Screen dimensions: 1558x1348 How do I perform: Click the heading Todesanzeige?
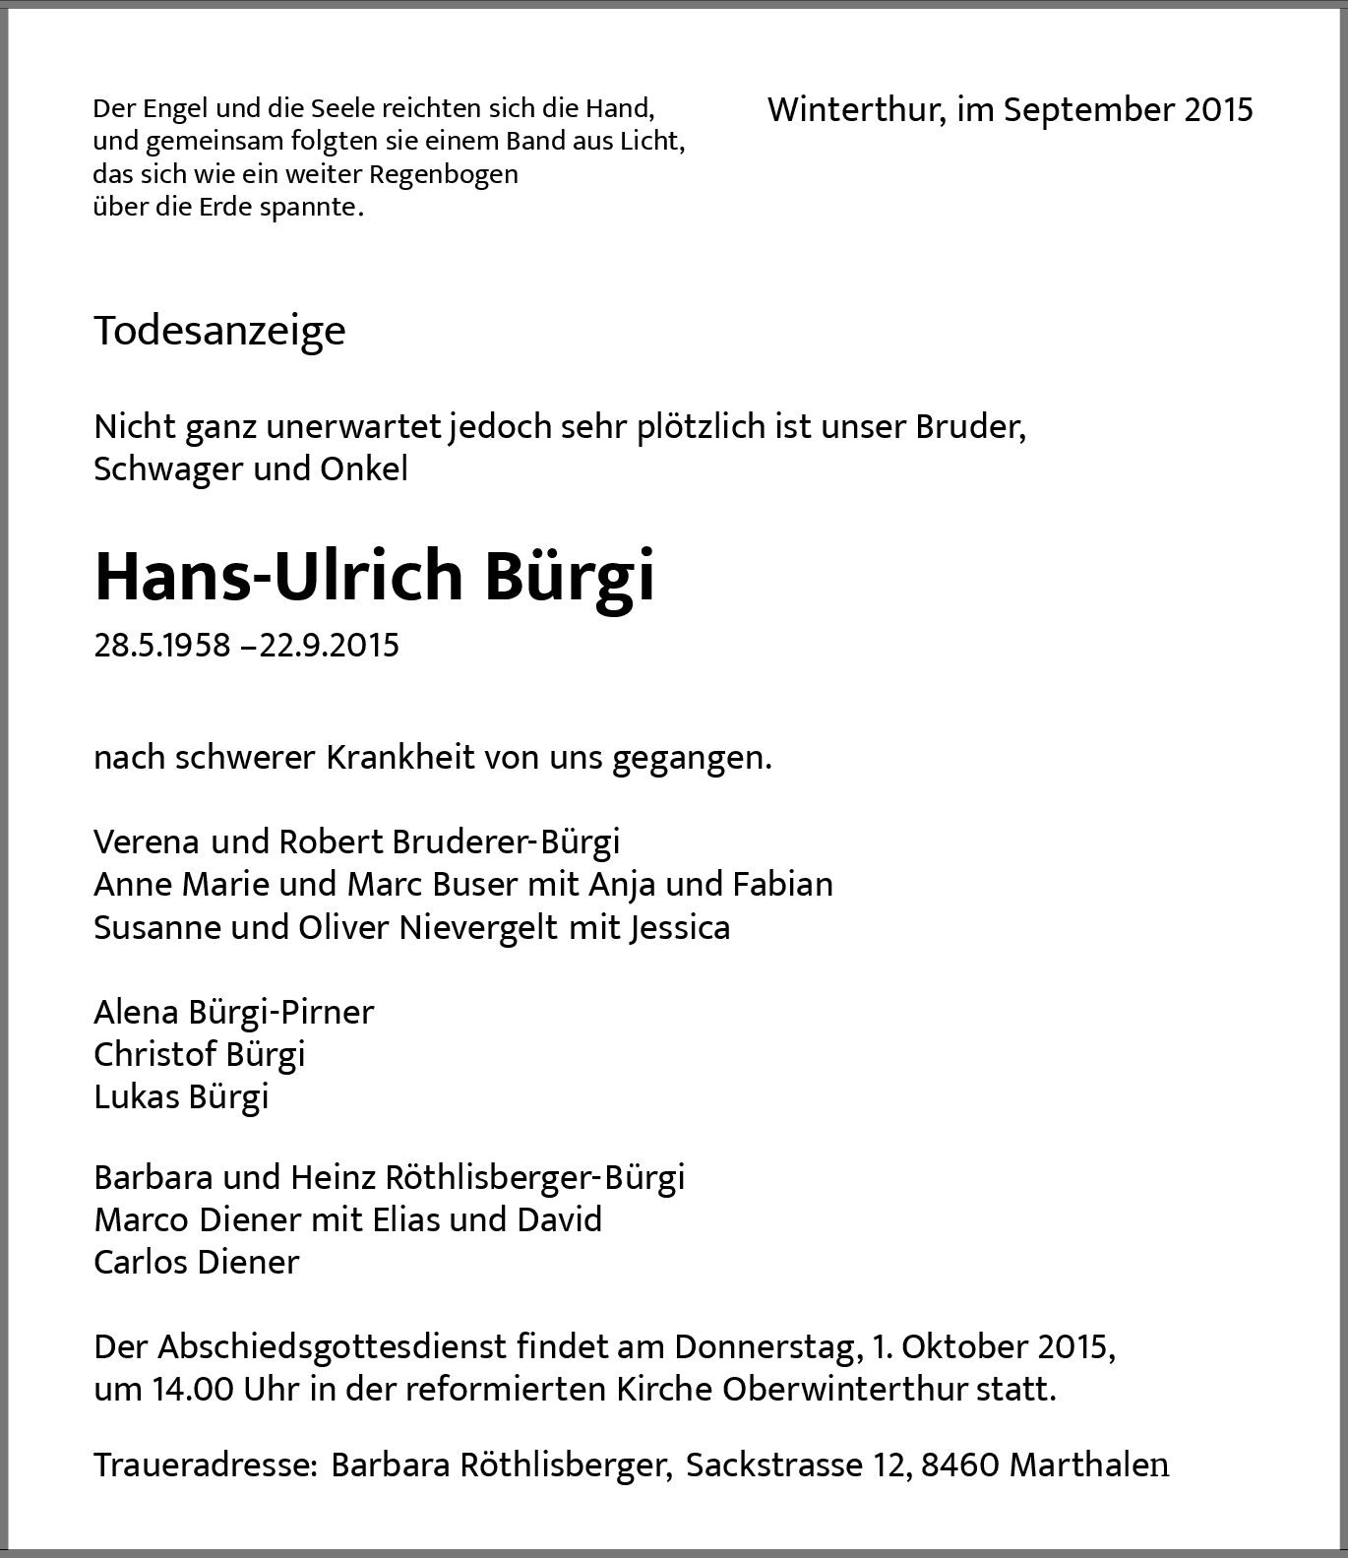(x=219, y=331)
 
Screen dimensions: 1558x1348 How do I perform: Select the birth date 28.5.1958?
(x=162, y=646)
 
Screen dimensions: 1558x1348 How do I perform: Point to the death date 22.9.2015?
(x=330, y=646)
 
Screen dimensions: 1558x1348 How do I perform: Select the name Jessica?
(x=679, y=927)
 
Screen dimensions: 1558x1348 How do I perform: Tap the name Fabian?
(x=782, y=884)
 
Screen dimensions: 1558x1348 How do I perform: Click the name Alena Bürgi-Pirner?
(x=234, y=1012)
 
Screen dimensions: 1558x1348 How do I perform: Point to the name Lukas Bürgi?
(x=181, y=1096)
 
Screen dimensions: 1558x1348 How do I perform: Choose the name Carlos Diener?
(x=197, y=1262)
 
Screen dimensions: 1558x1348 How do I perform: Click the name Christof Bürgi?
(x=200, y=1054)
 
